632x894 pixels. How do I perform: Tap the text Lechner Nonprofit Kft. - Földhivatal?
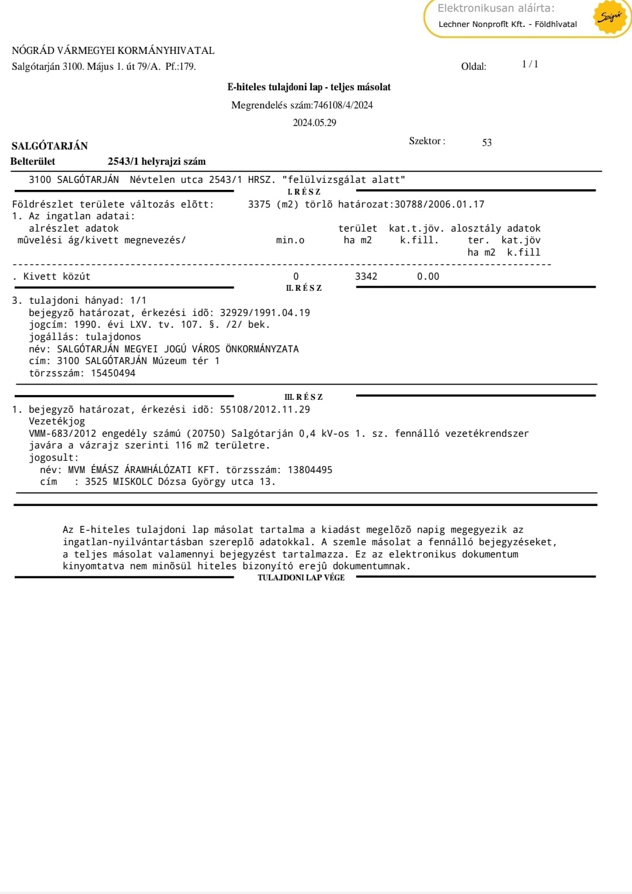click(507, 24)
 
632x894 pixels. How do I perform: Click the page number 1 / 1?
click(529, 64)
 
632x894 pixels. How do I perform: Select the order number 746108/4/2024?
click(343, 106)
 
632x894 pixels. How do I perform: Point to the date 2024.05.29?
click(315, 123)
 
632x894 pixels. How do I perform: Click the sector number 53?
click(487, 142)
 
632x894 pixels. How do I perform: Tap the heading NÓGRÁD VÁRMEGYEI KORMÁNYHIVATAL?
click(113, 50)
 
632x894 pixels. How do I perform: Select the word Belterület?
click(33, 161)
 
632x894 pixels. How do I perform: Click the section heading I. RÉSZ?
click(303, 192)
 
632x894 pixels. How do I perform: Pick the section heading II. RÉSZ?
click(303, 288)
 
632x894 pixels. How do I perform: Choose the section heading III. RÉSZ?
click(303, 397)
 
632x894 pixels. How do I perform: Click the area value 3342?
click(366, 276)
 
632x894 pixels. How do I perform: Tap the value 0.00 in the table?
click(428, 276)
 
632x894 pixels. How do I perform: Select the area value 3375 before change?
click(259, 204)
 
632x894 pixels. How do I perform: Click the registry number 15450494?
click(113, 373)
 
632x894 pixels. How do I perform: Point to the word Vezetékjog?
click(57, 421)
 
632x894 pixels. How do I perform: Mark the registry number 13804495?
click(310, 470)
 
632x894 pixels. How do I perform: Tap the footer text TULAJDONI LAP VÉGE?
click(301, 577)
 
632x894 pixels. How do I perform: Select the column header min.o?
click(290, 240)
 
